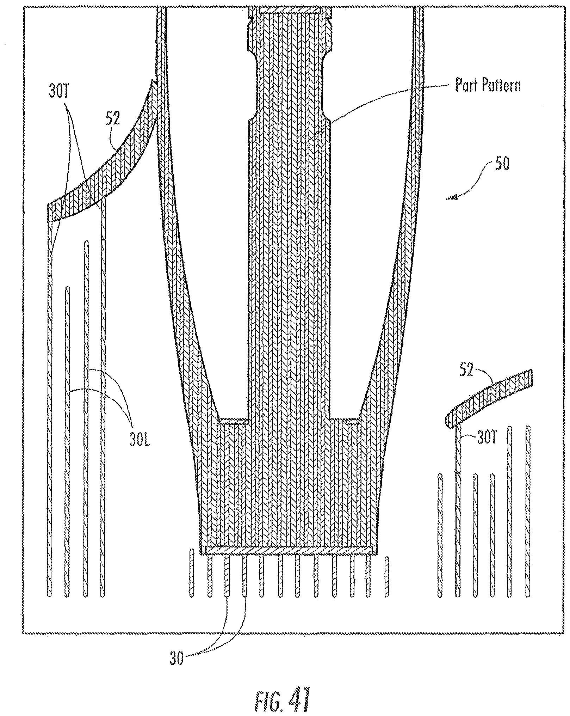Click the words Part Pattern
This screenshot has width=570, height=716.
click(488, 85)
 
